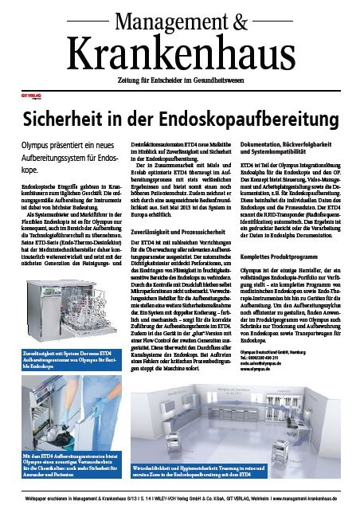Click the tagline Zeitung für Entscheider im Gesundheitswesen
tap(180, 76)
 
